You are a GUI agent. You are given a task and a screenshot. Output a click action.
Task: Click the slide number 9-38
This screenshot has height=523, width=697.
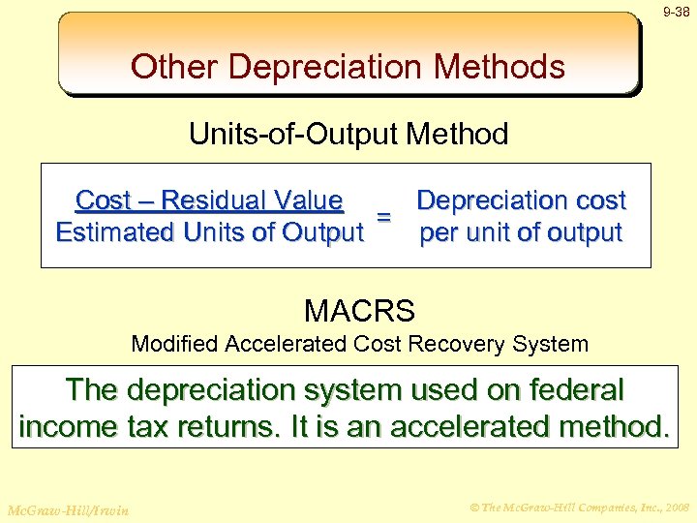676,13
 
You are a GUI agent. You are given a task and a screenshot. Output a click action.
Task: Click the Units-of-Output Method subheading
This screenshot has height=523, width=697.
348,134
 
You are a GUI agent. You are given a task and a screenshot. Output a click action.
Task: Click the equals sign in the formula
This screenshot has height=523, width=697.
383,217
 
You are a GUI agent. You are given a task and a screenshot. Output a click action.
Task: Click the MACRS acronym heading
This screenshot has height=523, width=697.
359,311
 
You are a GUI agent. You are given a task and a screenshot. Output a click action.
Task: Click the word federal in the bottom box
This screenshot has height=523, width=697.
576,390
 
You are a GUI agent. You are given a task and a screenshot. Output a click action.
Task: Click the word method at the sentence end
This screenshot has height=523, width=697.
610,427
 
